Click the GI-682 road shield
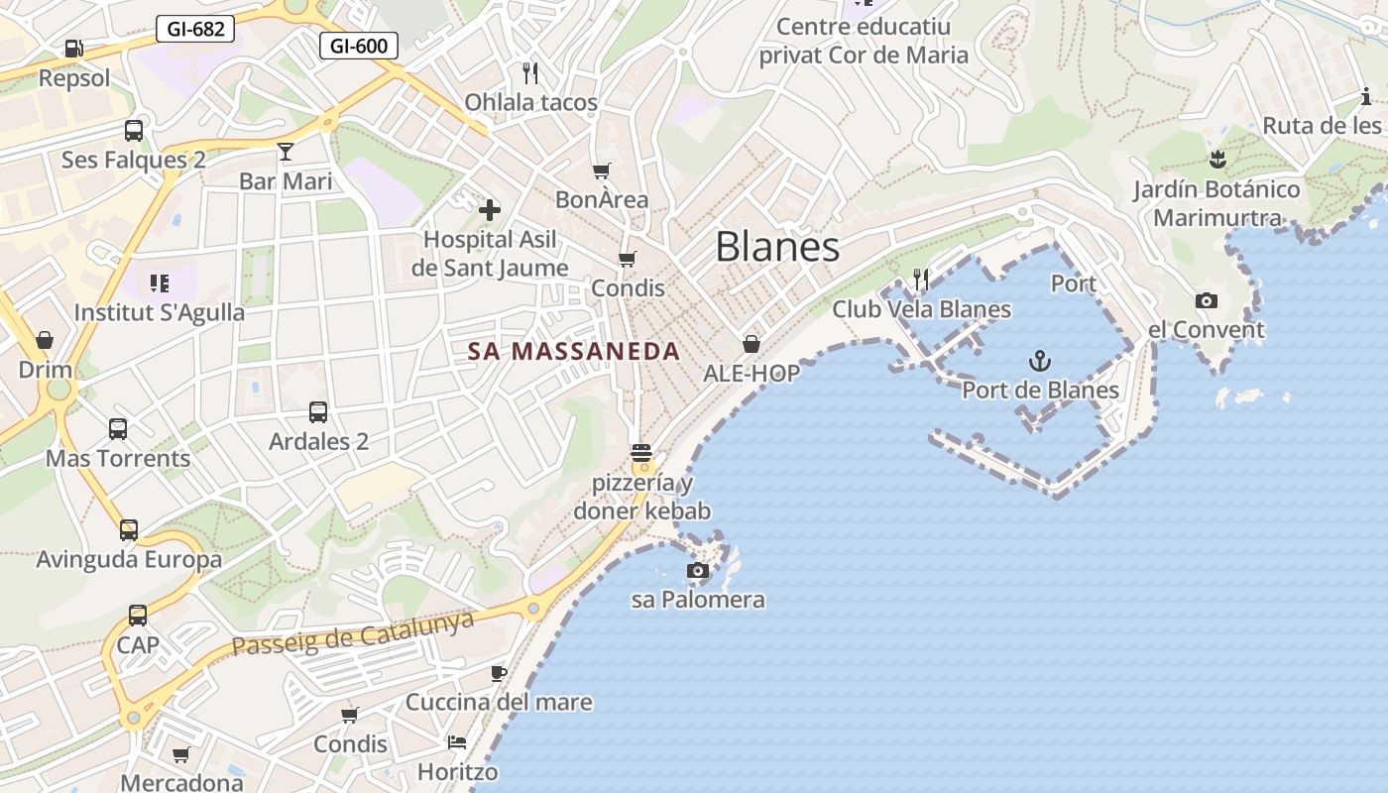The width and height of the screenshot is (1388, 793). coord(195,29)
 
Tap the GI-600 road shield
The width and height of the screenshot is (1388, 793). coord(359,46)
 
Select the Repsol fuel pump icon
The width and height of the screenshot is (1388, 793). coord(73,48)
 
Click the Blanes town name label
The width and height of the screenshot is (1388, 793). coord(777,247)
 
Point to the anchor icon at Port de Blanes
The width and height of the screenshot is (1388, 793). coord(1040,361)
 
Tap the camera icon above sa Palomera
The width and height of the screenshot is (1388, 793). coord(698,571)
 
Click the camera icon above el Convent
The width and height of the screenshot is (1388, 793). coord(1206,300)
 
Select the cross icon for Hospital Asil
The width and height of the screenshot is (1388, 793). coord(490,210)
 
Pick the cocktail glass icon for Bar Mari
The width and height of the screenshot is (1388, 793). coord(286,152)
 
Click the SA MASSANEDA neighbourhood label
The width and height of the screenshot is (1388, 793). coord(574,351)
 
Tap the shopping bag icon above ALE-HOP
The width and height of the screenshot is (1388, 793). coord(752,344)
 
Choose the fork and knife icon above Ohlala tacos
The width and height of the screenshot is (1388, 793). coord(530,72)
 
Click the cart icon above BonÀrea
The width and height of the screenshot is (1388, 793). coord(601,170)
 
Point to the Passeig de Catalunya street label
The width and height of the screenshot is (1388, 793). coord(353,632)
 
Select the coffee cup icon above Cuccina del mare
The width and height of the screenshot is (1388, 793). coord(499,673)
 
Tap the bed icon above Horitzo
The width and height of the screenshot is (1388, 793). coord(457,741)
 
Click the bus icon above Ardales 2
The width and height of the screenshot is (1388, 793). coord(318,411)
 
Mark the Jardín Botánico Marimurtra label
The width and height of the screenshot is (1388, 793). coord(1217,203)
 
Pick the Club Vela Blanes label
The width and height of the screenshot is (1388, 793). coord(921,309)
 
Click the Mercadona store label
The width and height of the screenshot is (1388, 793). coord(181,782)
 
